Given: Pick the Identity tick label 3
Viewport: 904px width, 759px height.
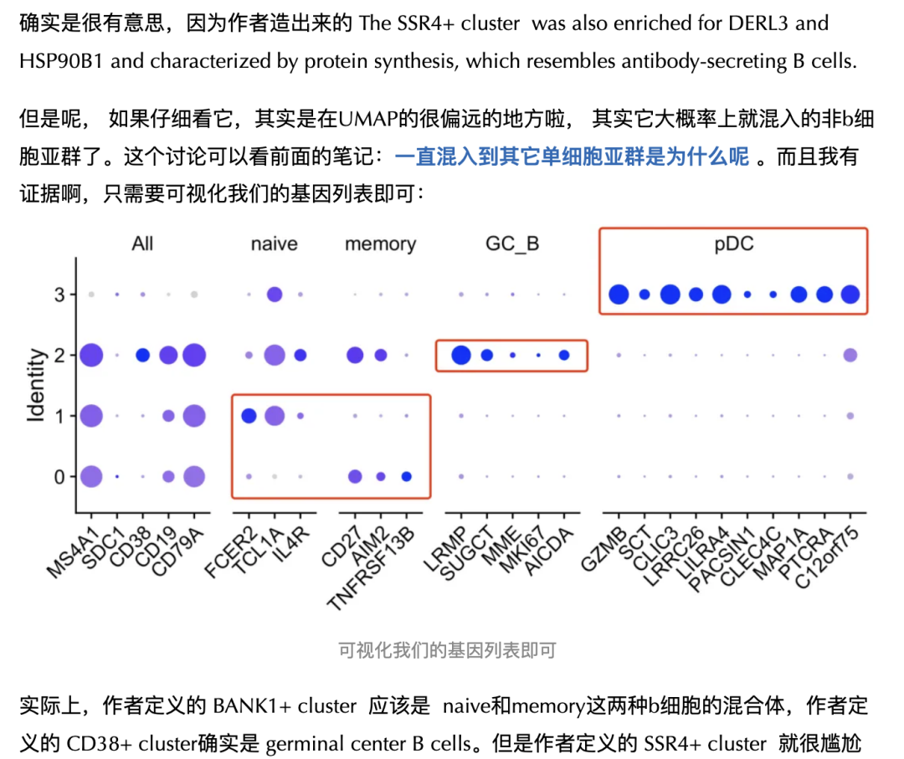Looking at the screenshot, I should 59,295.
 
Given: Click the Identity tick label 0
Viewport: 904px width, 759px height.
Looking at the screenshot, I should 59,477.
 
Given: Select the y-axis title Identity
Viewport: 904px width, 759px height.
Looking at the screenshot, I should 36,386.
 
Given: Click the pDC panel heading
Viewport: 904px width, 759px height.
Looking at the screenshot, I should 734,244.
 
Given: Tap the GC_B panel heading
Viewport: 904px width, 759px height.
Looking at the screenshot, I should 512,244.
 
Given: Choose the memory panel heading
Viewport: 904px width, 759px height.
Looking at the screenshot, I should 380,244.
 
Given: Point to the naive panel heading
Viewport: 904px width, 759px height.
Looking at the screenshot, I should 274,244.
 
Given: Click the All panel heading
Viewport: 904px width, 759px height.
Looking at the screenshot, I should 142,244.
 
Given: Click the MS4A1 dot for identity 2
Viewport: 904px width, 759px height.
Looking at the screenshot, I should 91,356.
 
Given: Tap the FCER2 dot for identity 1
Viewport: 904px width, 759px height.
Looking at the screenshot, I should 249,416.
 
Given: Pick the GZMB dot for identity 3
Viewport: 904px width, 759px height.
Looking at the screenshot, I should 619,295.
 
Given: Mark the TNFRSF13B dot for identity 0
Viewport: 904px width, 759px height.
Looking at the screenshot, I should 407,477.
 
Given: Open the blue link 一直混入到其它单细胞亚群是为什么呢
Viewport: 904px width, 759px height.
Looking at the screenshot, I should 572,156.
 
